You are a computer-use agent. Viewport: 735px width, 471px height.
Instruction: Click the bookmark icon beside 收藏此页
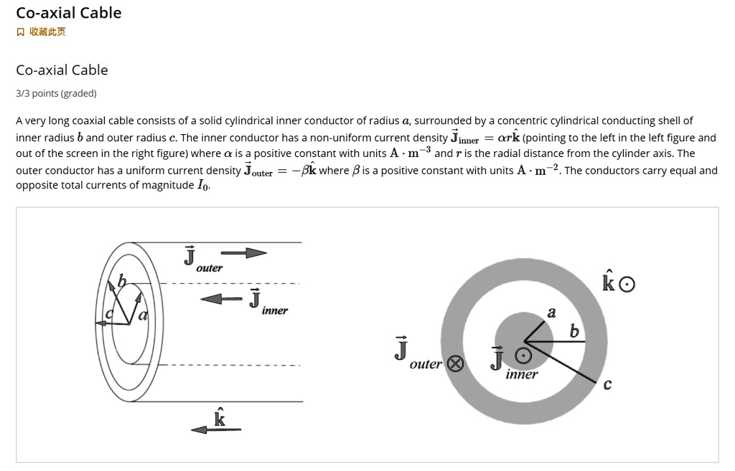click(21, 32)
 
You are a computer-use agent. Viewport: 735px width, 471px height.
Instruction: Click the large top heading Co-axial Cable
click(69, 13)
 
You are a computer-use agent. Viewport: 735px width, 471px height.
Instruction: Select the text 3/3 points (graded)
click(56, 93)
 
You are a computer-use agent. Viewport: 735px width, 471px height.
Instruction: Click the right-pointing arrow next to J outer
click(243, 252)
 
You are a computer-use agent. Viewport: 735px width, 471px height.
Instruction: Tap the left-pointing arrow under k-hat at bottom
click(215, 429)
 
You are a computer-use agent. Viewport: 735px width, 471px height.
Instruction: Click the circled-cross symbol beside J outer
click(454, 363)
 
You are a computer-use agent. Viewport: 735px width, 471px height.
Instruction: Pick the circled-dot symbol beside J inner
click(525, 356)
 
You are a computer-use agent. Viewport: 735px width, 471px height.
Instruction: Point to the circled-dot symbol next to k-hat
click(627, 285)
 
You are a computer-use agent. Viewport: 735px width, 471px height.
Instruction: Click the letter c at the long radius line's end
click(607, 385)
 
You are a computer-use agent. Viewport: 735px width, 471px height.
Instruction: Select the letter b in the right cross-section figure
click(573, 332)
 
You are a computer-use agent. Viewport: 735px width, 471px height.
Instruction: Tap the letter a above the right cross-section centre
click(551, 313)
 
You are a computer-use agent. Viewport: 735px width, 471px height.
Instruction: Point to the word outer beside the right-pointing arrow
click(210, 268)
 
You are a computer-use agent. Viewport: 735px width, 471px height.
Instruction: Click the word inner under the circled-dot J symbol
click(521, 374)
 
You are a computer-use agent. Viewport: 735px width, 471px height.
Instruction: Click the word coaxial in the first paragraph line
click(89, 120)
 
